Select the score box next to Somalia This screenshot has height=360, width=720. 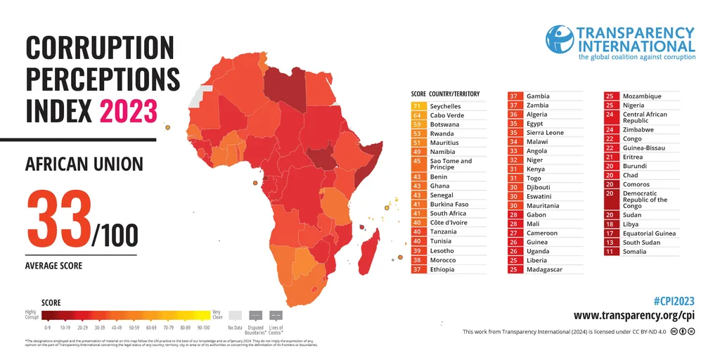point(610,252)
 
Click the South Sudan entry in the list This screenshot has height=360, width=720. point(641,243)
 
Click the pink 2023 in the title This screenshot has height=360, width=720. point(128,111)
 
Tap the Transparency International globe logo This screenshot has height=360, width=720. point(560,39)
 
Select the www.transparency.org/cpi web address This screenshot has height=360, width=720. point(634,316)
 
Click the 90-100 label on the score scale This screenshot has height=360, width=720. point(202,328)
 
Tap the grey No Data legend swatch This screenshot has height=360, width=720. point(236,316)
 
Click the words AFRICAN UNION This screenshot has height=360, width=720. point(84,165)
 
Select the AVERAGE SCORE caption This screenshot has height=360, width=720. point(53,266)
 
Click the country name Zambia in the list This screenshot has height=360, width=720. point(538,105)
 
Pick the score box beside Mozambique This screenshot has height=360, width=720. point(610,96)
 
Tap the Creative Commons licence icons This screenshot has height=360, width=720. point(683,331)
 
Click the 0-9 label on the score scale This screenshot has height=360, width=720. point(48,328)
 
